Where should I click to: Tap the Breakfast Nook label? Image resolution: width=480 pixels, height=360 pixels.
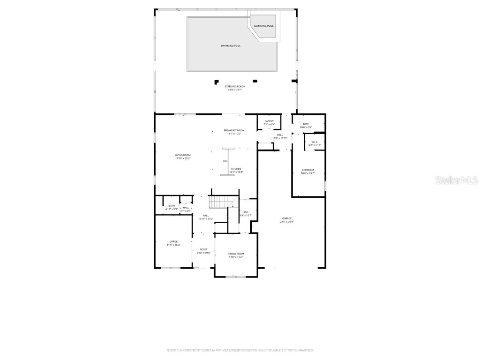coord(234,132)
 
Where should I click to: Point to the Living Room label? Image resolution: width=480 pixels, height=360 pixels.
coord(183,157)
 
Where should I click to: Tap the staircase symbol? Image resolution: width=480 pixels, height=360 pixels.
coord(218,202)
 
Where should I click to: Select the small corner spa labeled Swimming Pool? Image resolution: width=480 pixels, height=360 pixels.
coord(264,26)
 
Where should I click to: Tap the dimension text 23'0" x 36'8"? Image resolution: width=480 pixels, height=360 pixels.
coord(287,222)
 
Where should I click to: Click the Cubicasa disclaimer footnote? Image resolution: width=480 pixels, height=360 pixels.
coord(240,350)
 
